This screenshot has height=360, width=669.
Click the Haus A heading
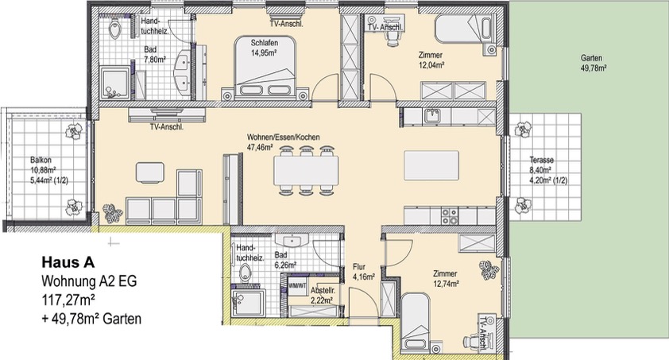pos(68,262)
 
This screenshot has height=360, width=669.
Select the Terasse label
pos(541,160)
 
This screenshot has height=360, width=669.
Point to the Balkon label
pos(41,161)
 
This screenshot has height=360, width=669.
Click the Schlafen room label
pos(265,43)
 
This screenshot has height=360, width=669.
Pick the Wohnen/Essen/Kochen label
pos(284,137)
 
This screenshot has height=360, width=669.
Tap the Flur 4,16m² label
pos(364,272)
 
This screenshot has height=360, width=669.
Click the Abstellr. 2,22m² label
pos(322,295)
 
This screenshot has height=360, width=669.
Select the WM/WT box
pos(297,286)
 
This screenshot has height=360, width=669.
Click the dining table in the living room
pos(306,170)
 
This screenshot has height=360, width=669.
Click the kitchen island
pos(431,165)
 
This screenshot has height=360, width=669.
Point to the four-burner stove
pos(449,216)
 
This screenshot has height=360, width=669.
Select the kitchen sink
pos(431,116)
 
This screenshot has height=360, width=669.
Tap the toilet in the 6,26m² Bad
pos(244,273)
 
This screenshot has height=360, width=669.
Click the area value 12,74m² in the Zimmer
pos(445,283)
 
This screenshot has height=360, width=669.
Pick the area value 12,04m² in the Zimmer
pos(431,65)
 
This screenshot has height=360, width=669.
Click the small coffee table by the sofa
pos(149,172)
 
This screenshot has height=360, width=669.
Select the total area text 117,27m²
pos(68,300)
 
